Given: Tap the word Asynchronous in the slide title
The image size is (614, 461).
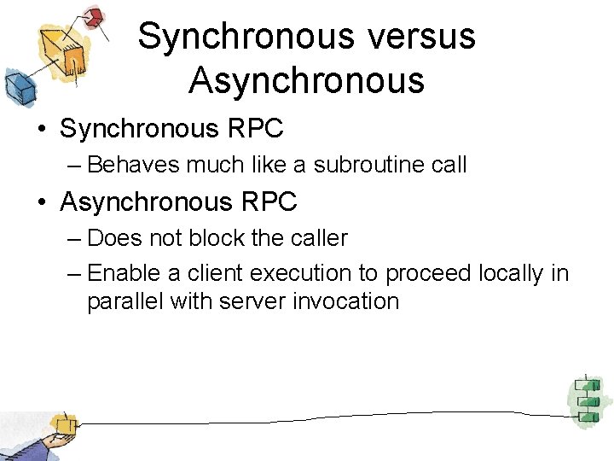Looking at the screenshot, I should pos(306,80).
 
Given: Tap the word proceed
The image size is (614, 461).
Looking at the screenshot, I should pos(427,273).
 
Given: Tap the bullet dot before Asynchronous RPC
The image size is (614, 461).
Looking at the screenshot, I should pos(43,203).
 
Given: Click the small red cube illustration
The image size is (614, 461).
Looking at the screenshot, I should pos(95,16).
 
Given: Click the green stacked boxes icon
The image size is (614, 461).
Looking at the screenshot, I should pos(586,400).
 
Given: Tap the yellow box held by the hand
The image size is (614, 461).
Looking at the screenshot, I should pos(62,424).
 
